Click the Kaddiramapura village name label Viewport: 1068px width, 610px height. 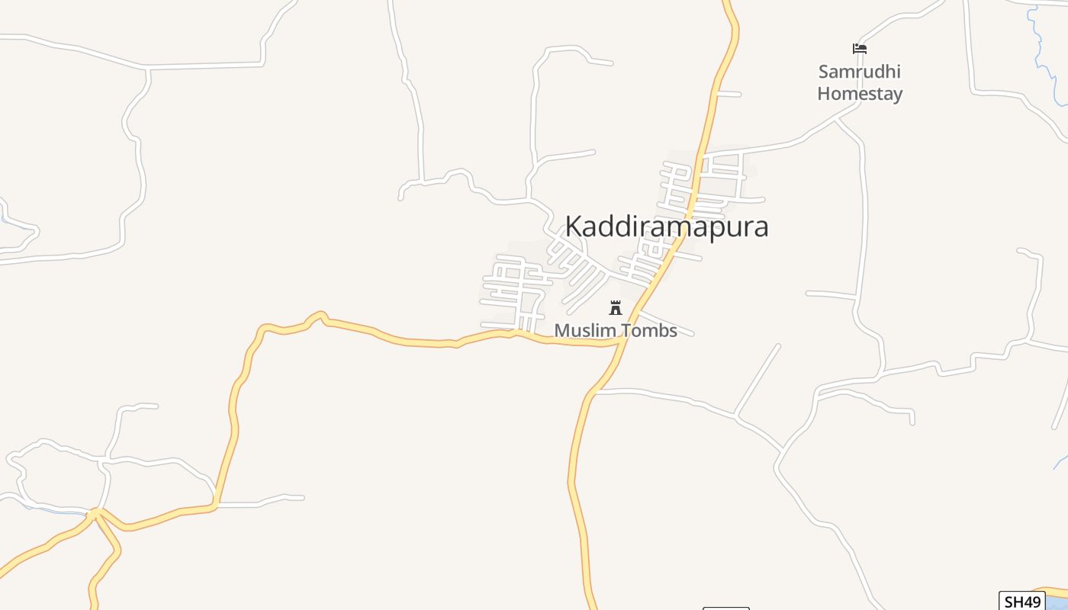click(x=666, y=227)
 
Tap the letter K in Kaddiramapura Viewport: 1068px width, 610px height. click(x=574, y=226)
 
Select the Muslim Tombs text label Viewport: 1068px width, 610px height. click(x=616, y=331)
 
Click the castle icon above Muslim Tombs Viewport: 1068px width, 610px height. click(x=616, y=308)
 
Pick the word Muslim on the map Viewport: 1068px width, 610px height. click(x=582, y=331)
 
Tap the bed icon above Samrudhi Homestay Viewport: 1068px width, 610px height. click(x=860, y=49)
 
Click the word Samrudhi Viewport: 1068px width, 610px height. click(x=860, y=72)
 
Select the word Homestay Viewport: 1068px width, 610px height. click(x=860, y=94)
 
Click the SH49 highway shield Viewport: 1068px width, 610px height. click(x=1021, y=601)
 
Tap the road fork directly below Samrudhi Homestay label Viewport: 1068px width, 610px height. click(x=838, y=119)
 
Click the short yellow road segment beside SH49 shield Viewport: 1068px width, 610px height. click(x=1057, y=591)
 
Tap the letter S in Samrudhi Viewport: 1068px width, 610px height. click(x=824, y=72)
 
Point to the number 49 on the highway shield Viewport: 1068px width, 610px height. click(x=1031, y=601)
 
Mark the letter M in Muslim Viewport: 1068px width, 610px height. click(x=561, y=331)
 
